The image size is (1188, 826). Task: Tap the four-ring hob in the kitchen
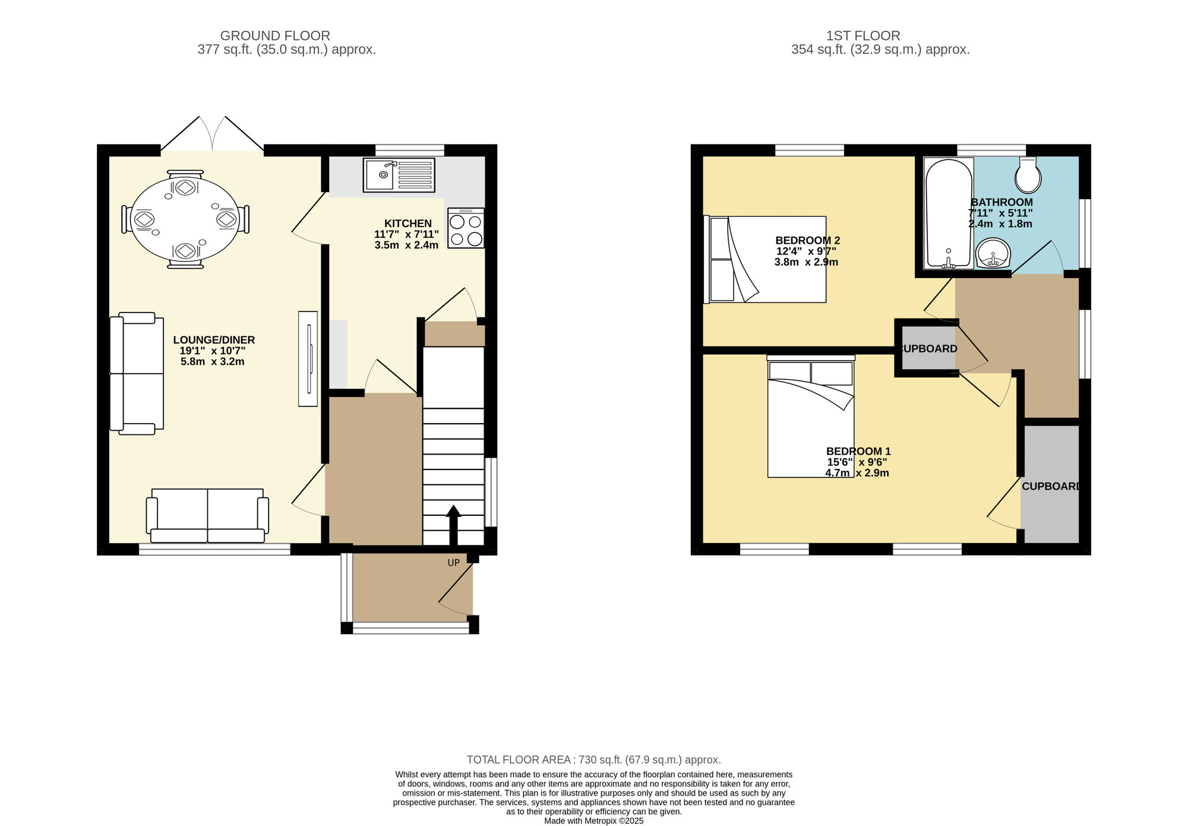466,228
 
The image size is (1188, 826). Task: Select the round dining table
185,220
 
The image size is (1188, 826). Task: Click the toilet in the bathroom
1028,175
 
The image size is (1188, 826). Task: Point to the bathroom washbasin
993,254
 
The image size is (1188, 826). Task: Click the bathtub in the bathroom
949,213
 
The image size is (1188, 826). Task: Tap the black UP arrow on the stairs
454,524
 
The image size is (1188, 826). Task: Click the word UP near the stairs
454,563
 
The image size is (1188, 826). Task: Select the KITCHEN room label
407,223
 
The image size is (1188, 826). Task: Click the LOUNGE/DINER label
214,340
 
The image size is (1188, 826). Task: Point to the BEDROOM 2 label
807,241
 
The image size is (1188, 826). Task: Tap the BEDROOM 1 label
858,451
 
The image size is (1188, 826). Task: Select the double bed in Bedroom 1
811,419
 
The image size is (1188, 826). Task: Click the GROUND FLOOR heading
275,36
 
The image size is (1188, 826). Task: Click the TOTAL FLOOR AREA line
593,759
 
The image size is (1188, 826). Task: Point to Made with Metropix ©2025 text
593,821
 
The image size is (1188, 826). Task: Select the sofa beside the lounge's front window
207,515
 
